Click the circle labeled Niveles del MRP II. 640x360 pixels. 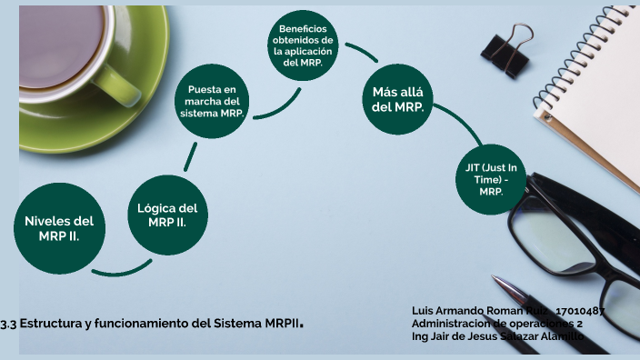pyautogui.click(x=59, y=227)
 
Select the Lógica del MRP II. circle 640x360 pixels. pyautogui.click(x=167, y=215)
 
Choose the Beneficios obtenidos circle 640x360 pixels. pyautogui.click(x=303, y=45)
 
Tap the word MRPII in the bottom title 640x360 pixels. pyautogui.click(x=280, y=323)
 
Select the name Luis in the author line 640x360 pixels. pyautogui.click(x=424, y=310)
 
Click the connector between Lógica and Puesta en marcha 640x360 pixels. pyautogui.click(x=189, y=156)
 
